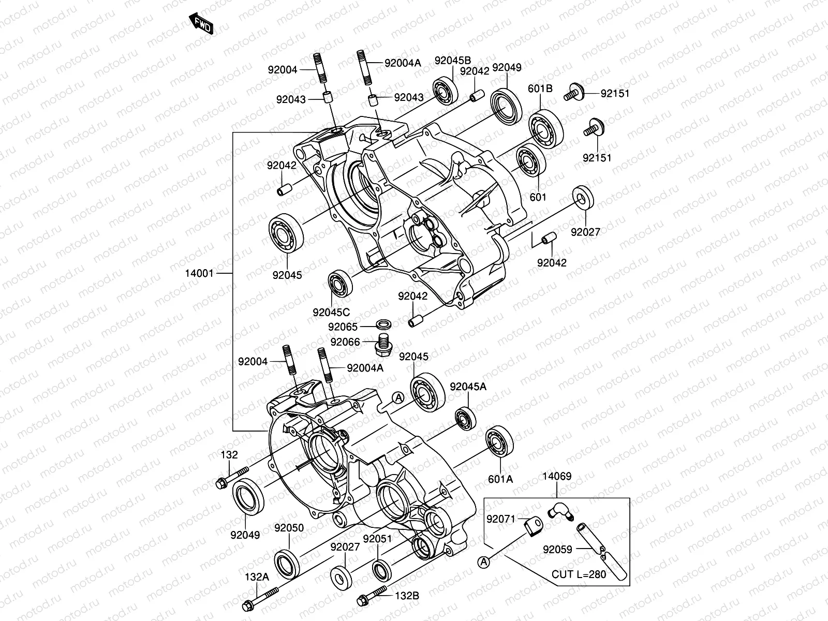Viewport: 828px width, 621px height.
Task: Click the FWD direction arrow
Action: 201,23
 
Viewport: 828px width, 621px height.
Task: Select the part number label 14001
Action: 199,273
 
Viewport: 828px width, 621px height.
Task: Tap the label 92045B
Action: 453,61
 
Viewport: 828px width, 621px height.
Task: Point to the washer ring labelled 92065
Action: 383,324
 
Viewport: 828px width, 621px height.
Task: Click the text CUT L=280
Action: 579,574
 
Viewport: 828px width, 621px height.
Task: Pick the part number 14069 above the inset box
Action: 557,476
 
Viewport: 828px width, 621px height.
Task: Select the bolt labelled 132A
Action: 260,599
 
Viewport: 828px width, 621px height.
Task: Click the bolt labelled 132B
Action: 372,595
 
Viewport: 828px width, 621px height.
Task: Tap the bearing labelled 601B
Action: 546,130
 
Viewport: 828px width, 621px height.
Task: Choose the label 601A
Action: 500,479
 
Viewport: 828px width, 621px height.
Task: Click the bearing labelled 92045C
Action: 340,284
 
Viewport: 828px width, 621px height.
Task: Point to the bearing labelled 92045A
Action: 465,418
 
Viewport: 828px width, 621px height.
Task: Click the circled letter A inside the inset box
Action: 483,563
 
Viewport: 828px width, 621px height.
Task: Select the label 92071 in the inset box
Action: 500,519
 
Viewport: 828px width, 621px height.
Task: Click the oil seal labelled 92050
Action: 287,565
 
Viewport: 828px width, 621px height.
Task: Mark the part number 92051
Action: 378,539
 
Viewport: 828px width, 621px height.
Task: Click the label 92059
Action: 557,550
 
